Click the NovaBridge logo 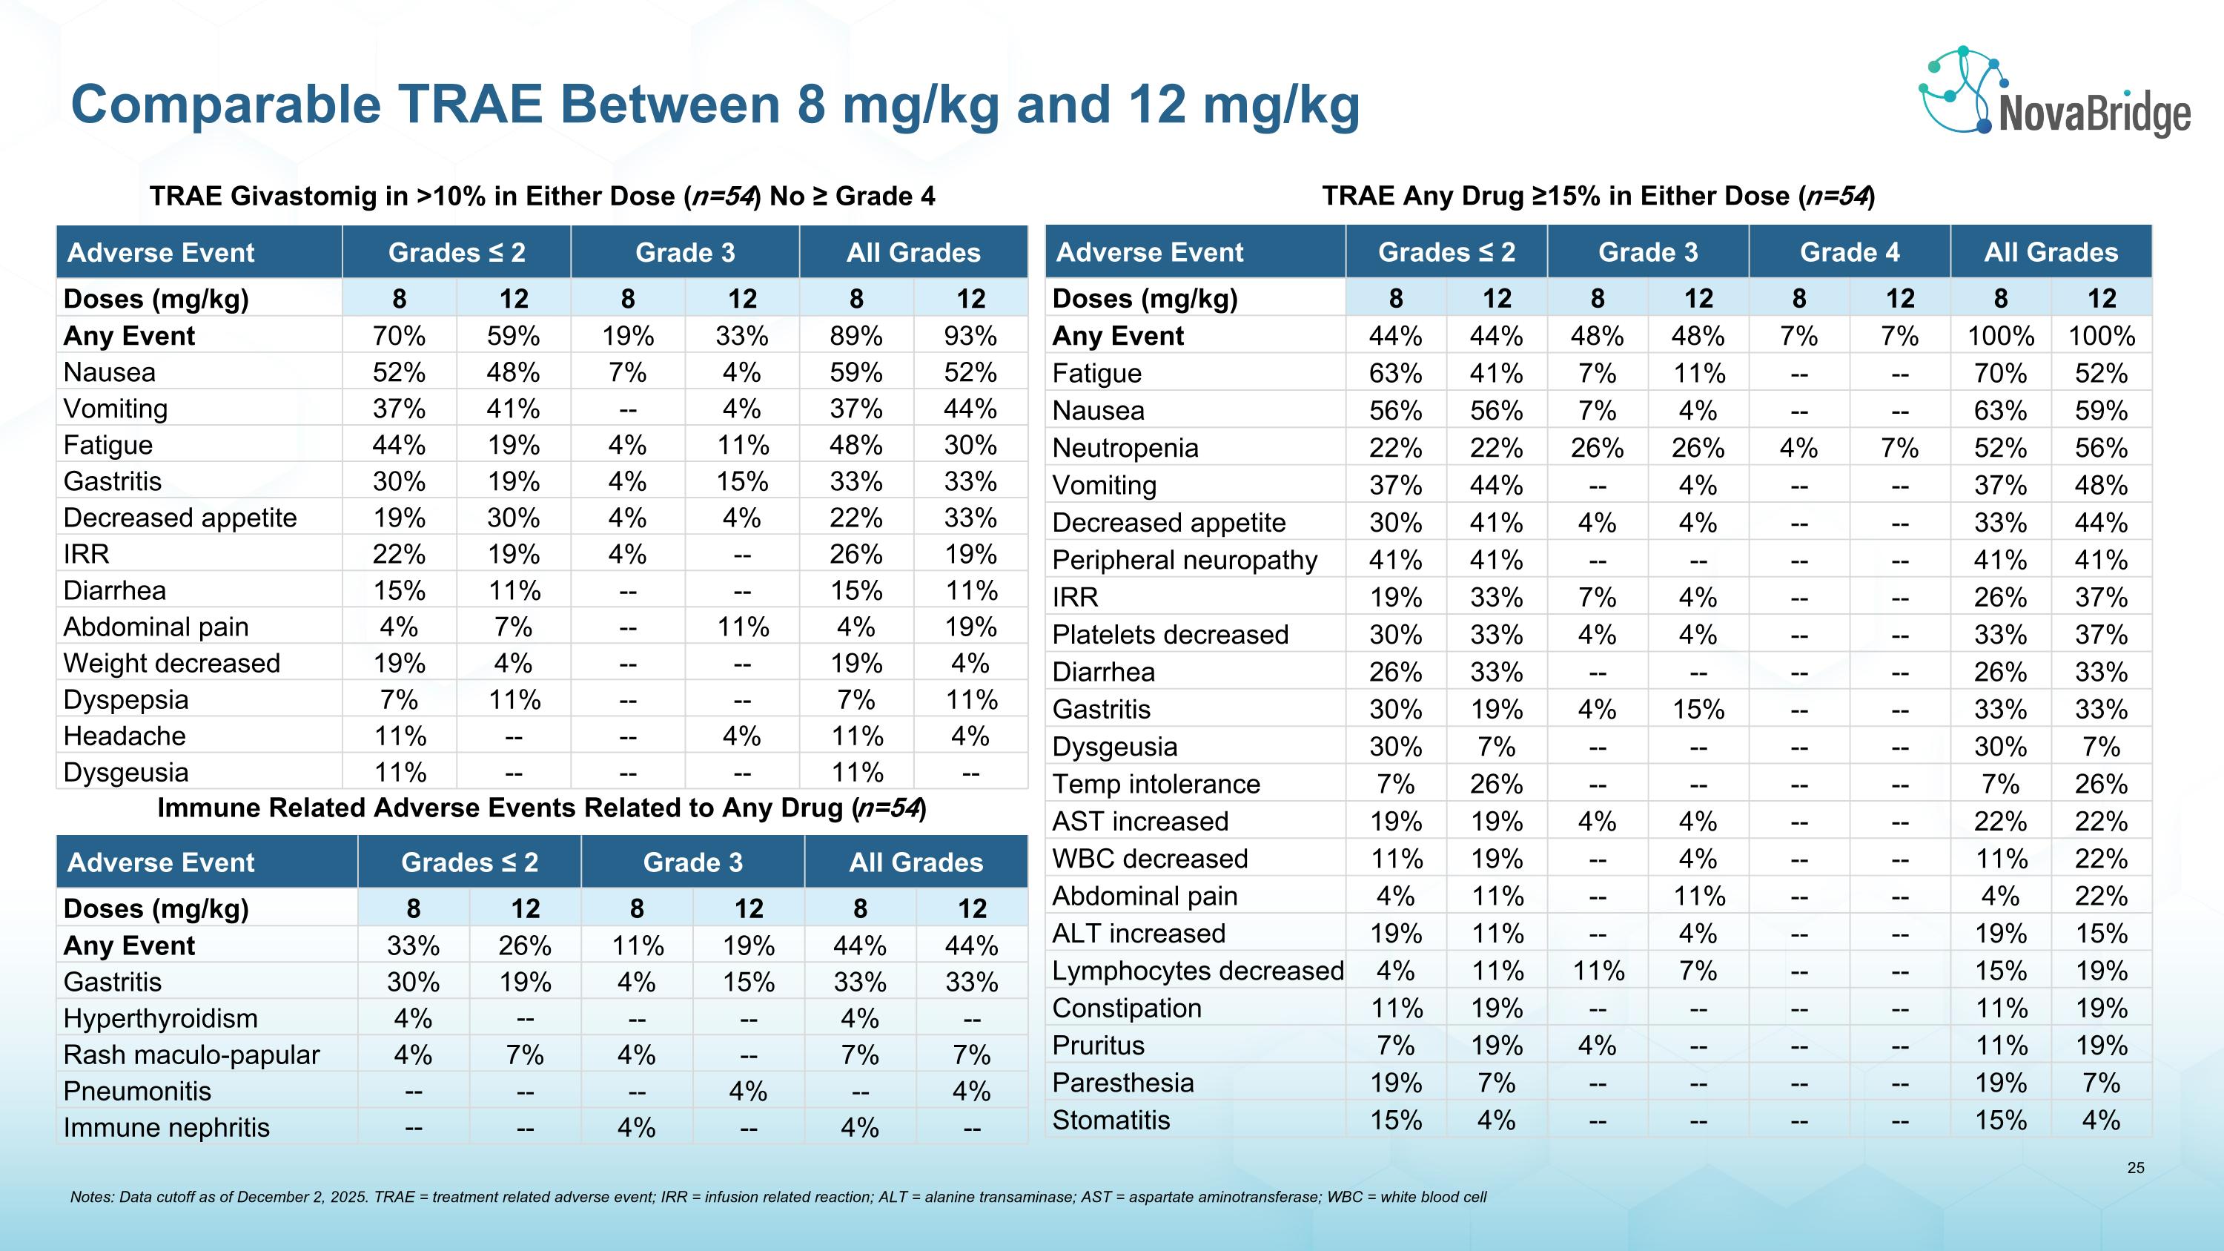(2055, 93)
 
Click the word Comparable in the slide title (225, 105)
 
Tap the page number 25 (2135, 1168)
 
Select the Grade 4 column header (1850, 252)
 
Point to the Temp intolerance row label (1156, 784)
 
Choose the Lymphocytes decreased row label (1197, 971)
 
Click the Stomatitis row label (1111, 1120)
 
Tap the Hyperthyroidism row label (161, 1018)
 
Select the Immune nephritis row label (167, 1128)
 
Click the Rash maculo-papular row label (192, 1055)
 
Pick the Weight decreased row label (172, 663)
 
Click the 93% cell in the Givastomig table (970, 336)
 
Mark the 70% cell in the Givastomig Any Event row (399, 336)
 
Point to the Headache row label (125, 736)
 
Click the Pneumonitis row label (137, 1092)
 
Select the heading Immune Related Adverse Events (541, 808)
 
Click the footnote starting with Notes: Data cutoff (777, 1197)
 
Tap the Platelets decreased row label (1170, 635)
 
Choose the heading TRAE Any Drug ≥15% (1598, 196)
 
